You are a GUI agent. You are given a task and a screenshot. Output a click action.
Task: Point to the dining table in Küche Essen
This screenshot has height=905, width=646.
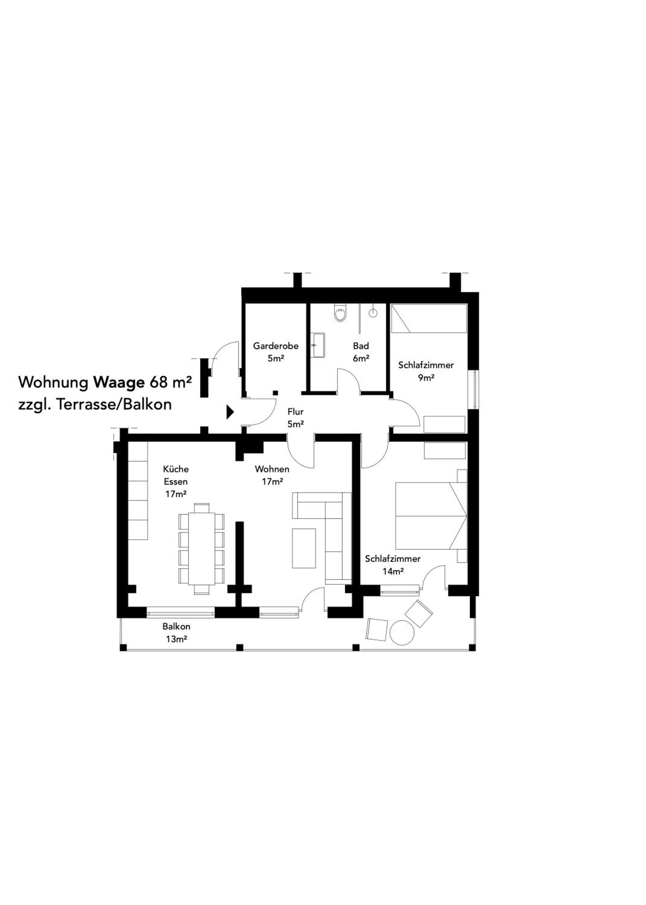click(202, 549)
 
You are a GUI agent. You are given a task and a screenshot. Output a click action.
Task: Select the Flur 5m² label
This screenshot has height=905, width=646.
click(296, 418)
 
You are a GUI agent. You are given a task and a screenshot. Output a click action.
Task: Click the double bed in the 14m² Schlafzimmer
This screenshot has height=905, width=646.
click(431, 516)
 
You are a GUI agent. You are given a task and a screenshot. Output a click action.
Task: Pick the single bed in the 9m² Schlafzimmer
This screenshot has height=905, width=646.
click(429, 319)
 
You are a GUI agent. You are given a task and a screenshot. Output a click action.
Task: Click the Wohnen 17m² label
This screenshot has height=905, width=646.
click(272, 475)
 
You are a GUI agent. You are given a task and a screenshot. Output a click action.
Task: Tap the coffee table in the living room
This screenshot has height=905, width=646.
click(304, 548)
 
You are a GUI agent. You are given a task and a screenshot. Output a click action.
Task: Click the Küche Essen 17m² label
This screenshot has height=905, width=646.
click(176, 481)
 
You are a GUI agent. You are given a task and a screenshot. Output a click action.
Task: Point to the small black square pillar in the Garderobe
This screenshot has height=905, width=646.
click(275, 393)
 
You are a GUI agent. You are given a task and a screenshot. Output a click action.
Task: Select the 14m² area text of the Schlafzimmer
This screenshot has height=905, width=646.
click(393, 572)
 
